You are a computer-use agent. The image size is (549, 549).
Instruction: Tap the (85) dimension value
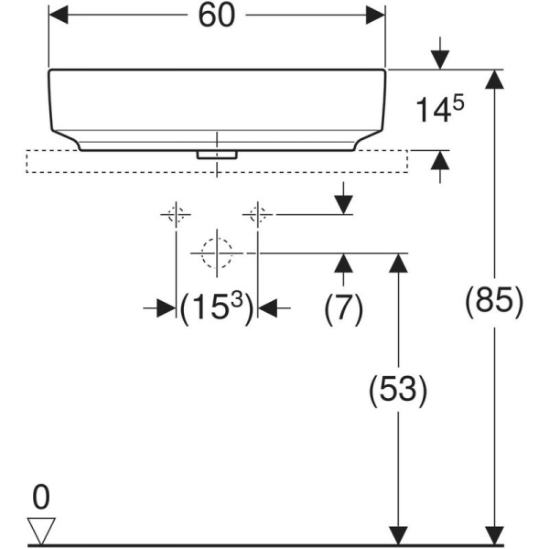pos(495,300)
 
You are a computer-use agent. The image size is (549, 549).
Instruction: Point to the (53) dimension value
pos(397,391)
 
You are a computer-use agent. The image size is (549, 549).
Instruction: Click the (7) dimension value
pos(343,308)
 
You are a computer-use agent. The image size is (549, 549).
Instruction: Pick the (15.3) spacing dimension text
pos(216,308)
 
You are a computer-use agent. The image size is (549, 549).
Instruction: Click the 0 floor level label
pos(41,498)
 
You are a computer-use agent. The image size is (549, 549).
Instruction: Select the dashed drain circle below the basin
pos(217,252)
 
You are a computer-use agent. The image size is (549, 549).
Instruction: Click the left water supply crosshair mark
pos(176,215)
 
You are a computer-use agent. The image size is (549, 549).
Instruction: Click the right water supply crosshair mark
pos(257,215)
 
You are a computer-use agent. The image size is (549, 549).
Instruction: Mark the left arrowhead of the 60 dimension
pos(59,16)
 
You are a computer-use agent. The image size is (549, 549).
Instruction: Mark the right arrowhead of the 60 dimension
pos(374,16)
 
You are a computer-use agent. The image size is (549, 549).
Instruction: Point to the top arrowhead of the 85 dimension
pos(495,80)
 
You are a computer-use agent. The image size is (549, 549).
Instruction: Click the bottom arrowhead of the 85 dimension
pos(495,535)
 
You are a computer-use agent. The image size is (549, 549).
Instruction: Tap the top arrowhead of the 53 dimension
pos(397,263)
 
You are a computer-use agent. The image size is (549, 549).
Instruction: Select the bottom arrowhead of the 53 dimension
pos(397,535)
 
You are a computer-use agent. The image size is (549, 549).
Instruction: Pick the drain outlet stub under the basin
pos(217,155)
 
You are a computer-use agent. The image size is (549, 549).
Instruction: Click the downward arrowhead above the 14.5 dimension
pos(439,59)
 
